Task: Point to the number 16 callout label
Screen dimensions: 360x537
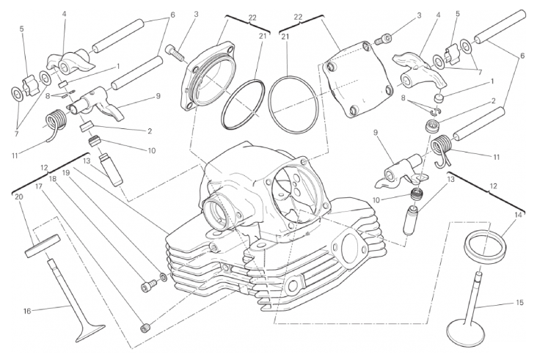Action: tap(27, 311)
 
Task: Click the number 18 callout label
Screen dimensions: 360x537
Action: tap(53, 178)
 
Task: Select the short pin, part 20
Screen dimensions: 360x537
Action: tap(41, 243)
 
